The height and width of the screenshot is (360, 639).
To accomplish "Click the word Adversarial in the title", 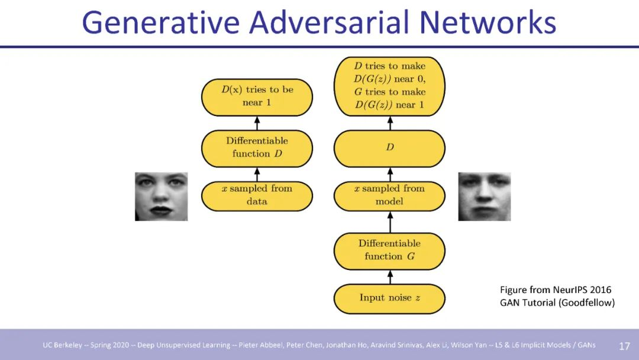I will (329, 22).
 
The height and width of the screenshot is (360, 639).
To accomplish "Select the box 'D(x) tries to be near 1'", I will (257, 97).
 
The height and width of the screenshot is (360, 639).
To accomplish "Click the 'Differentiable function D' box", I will (257, 147).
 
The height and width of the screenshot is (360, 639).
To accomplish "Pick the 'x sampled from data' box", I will (257, 195).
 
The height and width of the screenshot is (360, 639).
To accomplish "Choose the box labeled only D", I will (389, 147).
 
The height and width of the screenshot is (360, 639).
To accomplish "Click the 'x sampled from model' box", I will (389, 195).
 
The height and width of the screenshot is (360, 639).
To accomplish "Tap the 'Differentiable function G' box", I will (389, 250).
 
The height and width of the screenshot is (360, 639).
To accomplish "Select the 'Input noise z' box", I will (389, 298).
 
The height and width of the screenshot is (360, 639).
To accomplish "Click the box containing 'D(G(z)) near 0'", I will (389, 86).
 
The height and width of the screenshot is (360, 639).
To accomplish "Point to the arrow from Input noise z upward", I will (389, 277).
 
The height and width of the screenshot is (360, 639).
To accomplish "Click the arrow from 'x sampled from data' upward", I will (257, 174).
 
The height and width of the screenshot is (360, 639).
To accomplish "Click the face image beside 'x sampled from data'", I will (161, 197).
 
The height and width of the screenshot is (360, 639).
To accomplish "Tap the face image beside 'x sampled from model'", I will (484, 197).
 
